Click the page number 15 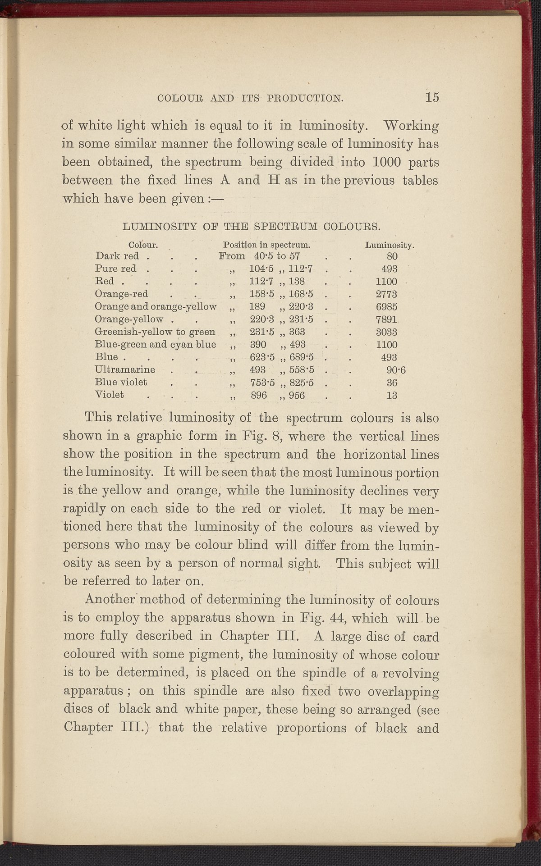431,97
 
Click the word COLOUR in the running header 172,98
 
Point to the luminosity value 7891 386,319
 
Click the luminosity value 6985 386,307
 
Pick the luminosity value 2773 386,294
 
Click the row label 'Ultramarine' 125,370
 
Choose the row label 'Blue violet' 121,383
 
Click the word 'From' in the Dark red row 232,256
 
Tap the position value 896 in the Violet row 259,396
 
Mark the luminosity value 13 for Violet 392,396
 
